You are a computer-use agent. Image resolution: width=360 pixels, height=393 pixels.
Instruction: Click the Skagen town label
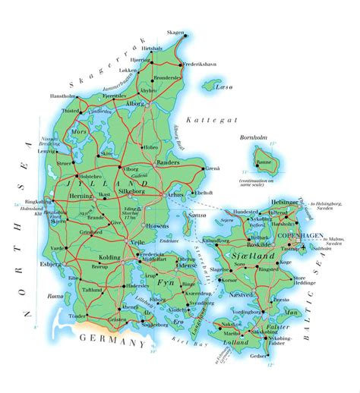175,33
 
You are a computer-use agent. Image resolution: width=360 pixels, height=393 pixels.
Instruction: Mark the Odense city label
187,269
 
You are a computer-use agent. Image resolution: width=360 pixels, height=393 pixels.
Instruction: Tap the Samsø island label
218,216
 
